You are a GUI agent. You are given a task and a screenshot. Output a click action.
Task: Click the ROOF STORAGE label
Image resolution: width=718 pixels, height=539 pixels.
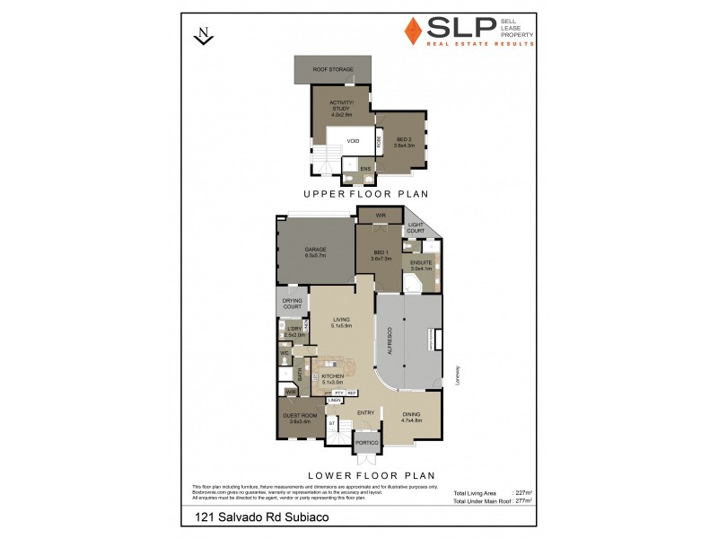tap(333, 69)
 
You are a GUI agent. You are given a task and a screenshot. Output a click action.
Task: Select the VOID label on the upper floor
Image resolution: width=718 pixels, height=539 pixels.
tap(354, 140)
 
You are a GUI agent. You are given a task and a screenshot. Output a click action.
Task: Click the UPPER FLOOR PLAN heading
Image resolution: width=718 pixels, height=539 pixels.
tap(364, 194)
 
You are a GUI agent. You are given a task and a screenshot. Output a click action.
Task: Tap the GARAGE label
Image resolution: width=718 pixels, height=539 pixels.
tap(315, 250)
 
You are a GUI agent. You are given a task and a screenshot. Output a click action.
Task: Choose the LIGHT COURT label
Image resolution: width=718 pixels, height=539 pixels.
tap(416, 227)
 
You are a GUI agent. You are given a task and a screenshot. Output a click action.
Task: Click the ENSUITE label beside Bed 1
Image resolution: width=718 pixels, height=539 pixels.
tap(422, 264)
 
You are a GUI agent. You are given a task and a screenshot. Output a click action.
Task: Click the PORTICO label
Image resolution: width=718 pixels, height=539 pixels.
tap(365, 442)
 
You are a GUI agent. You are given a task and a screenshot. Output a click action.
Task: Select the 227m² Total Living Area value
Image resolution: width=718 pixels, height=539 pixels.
tap(523, 493)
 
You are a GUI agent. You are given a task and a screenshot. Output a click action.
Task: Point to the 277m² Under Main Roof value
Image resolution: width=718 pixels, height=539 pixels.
tap(523, 500)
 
